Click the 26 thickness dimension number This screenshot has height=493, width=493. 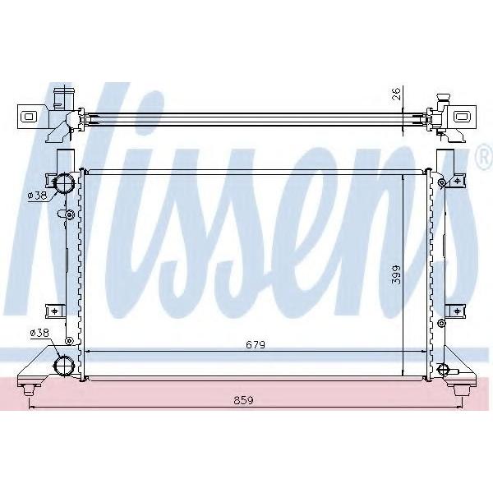397,94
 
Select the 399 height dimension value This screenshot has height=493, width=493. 397,275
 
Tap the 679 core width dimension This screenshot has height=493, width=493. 256,345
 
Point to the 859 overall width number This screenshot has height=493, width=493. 243,401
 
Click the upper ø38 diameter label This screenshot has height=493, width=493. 38,196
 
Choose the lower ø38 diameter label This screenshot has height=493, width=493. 40,333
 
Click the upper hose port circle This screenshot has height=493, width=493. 64,182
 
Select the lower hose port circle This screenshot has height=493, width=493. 64,366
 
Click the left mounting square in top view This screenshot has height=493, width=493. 28,117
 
